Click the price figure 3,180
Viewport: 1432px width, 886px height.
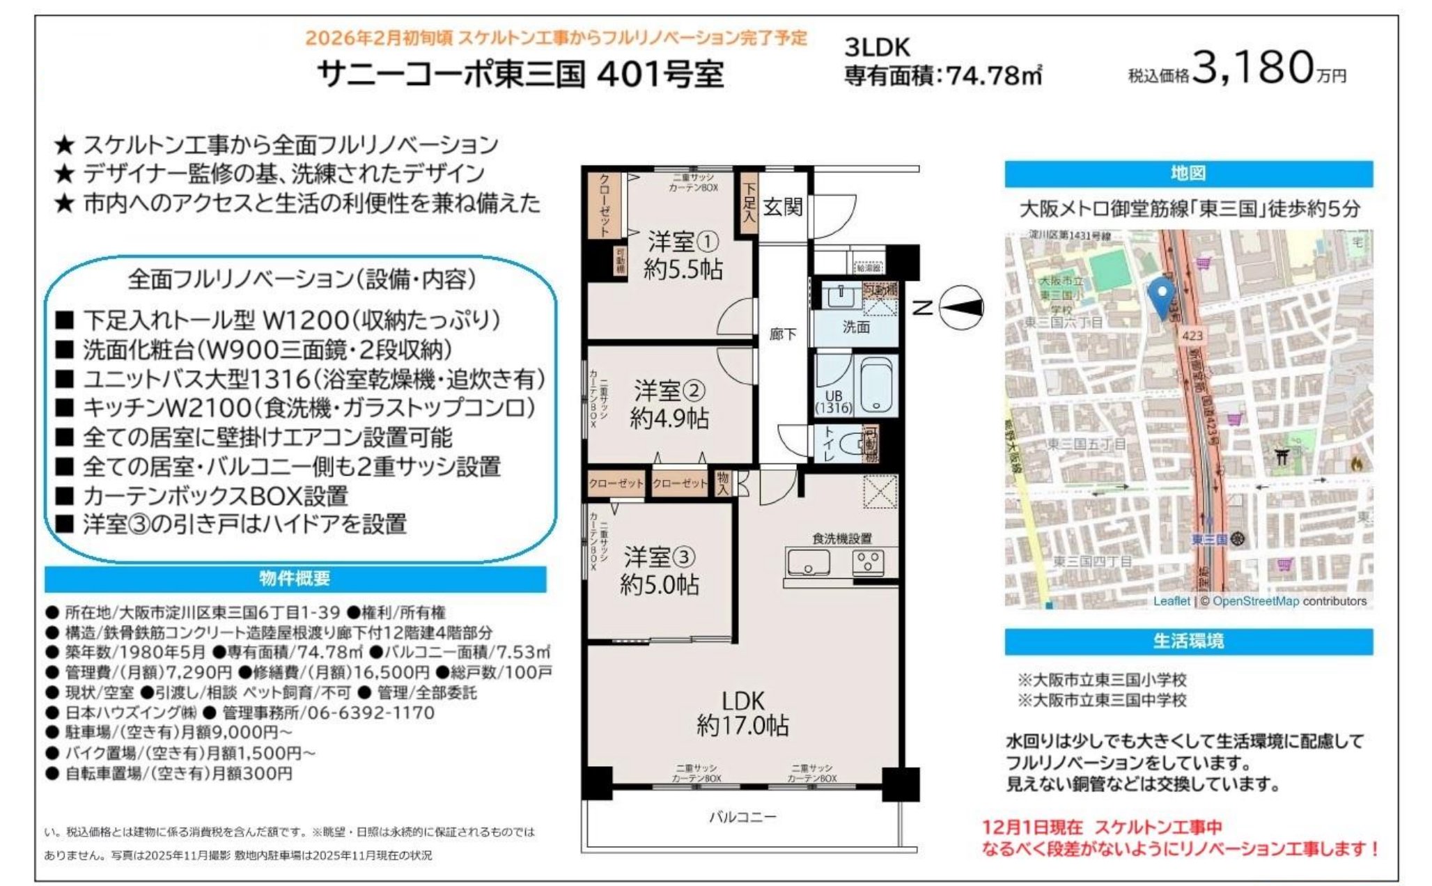[1252, 68]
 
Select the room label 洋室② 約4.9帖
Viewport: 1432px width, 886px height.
[669, 404]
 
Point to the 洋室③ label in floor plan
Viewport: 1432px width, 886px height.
[659, 557]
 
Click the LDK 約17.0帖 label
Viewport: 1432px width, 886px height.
[742, 713]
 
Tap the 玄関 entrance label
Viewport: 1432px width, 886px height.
[782, 207]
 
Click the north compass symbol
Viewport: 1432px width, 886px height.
[962, 307]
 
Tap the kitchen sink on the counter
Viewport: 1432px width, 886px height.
[808, 562]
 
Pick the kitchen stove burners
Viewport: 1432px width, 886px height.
[868, 561]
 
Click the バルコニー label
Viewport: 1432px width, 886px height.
[742, 817]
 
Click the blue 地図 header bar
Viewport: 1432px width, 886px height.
[1188, 174]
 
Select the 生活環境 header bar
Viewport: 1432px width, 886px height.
[1188, 642]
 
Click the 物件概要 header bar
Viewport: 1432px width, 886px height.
[295, 579]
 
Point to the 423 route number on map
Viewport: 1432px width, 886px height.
[1192, 336]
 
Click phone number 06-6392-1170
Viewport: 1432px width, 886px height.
[371, 713]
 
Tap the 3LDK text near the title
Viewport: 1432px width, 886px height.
[877, 47]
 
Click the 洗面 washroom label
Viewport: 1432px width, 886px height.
[856, 327]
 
